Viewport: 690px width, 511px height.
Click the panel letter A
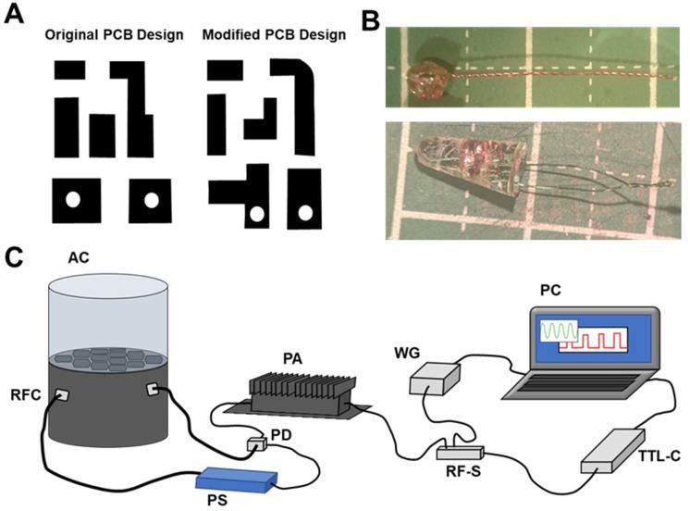click(15, 15)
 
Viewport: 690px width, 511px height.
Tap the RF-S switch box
click(459, 454)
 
